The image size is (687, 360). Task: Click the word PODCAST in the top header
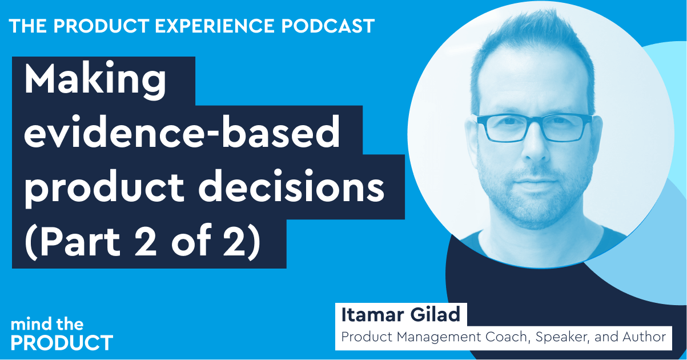328,26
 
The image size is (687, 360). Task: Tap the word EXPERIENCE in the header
215,26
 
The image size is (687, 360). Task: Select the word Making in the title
95,81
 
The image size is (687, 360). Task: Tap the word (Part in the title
73,242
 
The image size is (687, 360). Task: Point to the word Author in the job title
644,337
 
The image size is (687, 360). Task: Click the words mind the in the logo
47,325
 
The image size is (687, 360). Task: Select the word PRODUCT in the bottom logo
62,342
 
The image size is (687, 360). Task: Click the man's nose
536,147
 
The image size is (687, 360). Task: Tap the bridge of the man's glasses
535,121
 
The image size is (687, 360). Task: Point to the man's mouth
536,183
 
